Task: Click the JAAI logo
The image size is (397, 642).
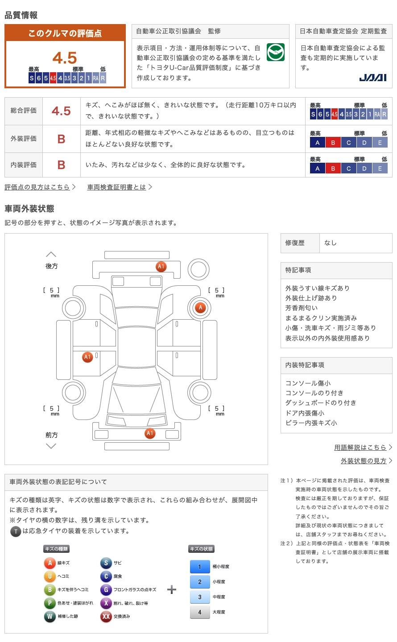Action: pyautogui.click(x=372, y=78)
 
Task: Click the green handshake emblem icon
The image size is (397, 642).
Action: pyautogui.click(x=275, y=52)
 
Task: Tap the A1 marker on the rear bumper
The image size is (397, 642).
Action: pyautogui.click(x=161, y=267)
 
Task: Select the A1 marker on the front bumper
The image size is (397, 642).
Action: pyautogui.click(x=150, y=433)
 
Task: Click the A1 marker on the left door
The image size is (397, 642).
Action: pyautogui.click(x=87, y=357)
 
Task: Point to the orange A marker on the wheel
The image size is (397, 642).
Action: pyautogui.click(x=200, y=307)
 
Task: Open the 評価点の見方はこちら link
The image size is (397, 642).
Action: pyautogui.click(x=37, y=187)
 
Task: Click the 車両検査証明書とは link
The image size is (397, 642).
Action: pyautogui.click(x=117, y=187)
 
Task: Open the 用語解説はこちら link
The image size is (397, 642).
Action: pyautogui.click(x=360, y=447)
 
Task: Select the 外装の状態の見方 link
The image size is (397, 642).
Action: pyautogui.click(x=364, y=461)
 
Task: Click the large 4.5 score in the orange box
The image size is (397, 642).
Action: pyautogui.click(x=65, y=58)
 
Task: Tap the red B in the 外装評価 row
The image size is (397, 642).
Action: pyautogui.click(x=61, y=139)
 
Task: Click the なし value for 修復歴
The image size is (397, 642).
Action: pyautogui.click(x=331, y=243)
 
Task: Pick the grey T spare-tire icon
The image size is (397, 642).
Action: pyautogui.click(x=16, y=531)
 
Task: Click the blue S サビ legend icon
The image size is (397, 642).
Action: pyautogui.click(x=106, y=563)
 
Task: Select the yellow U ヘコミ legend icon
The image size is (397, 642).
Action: pyautogui.click(x=50, y=576)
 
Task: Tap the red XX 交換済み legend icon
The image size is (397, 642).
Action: pyautogui.click(x=106, y=617)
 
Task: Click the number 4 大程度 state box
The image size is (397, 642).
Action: pyautogui.click(x=199, y=612)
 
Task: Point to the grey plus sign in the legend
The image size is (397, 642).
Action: pyautogui.click(x=172, y=590)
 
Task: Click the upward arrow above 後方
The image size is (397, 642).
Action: pyautogui.click(x=51, y=254)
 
